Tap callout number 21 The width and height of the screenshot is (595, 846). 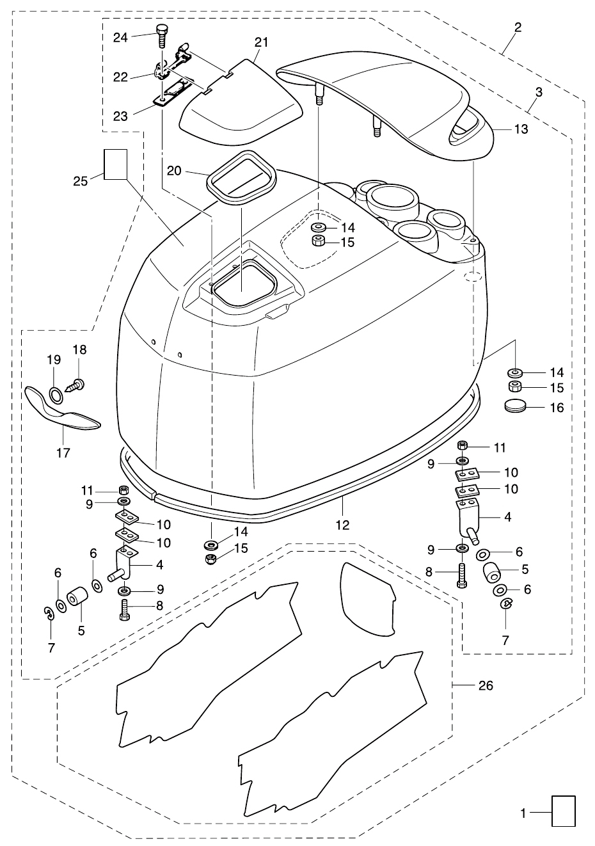261,42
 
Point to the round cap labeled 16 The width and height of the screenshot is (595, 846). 515,406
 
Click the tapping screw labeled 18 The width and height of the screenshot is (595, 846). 75,386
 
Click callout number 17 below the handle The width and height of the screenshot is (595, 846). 63,452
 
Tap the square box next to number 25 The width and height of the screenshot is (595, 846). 116,164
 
